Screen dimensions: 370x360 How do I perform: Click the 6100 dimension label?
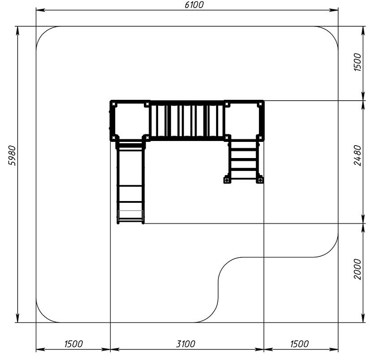click(x=194, y=5)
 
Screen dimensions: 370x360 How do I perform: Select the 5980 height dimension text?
click(x=12, y=156)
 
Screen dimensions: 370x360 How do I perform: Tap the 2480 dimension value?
click(x=358, y=156)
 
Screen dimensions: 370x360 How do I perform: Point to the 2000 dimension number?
click(x=358, y=269)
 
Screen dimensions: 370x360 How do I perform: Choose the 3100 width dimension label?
click(x=186, y=344)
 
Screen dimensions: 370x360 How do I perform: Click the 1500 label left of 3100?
click(x=74, y=344)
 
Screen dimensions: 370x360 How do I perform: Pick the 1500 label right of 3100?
click(x=299, y=344)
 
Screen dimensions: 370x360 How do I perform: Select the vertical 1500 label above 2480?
click(x=358, y=62)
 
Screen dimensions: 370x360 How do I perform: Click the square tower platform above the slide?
click(x=130, y=121)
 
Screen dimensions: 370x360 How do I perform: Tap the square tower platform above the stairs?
click(x=244, y=121)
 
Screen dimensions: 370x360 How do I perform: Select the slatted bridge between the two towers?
click(x=187, y=121)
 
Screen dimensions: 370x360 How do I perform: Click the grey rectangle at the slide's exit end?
click(x=130, y=215)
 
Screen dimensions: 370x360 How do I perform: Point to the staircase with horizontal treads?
click(x=244, y=160)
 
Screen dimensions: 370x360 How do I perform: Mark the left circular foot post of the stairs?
click(x=227, y=180)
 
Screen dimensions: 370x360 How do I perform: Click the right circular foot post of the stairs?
click(x=260, y=180)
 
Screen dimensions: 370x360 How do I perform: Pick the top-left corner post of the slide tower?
click(x=114, y=104)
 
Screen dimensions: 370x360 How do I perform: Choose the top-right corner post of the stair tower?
click(x=260, y=104)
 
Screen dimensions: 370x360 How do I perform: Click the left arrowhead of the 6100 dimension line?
click(x=40, y=10)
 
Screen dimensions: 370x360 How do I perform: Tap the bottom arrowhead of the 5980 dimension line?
click(x=17, y=318)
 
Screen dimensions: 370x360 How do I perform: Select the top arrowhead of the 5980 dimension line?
click(x=17, y=31)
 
